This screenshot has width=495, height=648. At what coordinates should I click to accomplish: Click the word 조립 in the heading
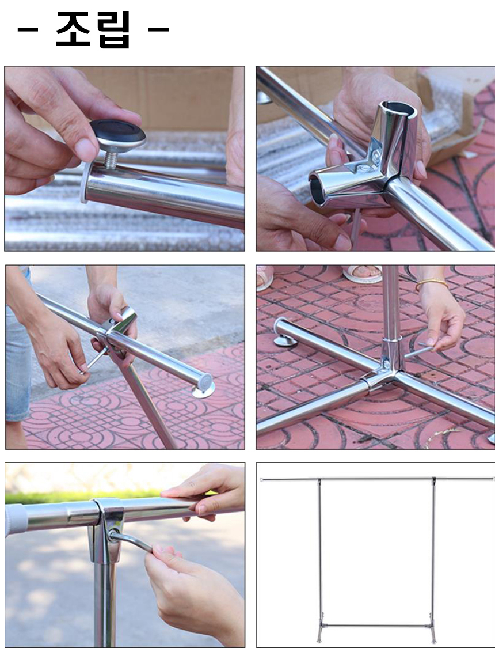(93, 29)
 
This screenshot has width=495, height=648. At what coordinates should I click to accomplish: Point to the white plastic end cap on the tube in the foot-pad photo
(85, 182)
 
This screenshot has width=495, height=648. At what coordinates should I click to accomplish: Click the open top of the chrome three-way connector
(398, 109)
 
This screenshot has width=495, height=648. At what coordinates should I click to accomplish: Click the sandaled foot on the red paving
(362, 274)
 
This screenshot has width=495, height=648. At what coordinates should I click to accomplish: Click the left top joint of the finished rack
(319, 482)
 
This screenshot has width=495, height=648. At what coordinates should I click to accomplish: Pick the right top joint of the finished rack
(434, 481)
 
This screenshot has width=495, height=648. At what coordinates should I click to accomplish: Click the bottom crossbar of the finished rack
(376, 626)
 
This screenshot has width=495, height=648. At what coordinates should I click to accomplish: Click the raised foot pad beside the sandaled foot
(285, 340)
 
